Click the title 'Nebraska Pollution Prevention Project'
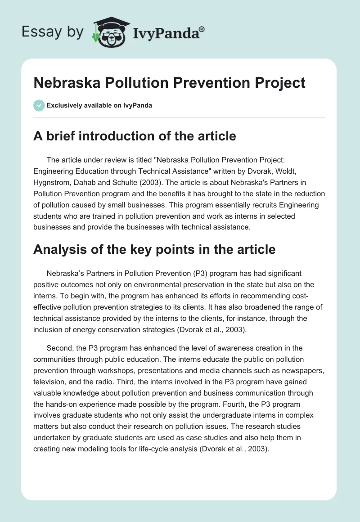pos(169,83)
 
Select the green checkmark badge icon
pos(39,105)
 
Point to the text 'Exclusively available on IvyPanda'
pos(99,106)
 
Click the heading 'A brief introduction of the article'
pos(135,136)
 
